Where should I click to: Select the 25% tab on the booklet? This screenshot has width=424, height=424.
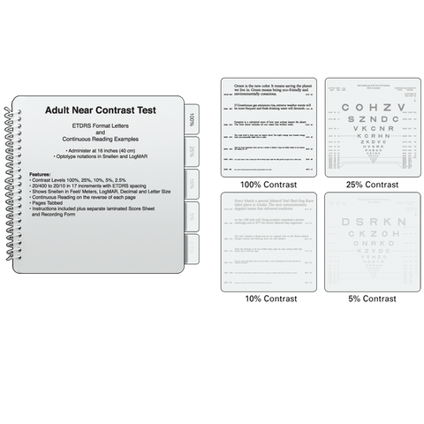pos(192,152)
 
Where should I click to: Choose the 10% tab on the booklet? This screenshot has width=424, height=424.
pos(192,183)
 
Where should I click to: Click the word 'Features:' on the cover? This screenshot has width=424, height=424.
pos(44,176)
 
